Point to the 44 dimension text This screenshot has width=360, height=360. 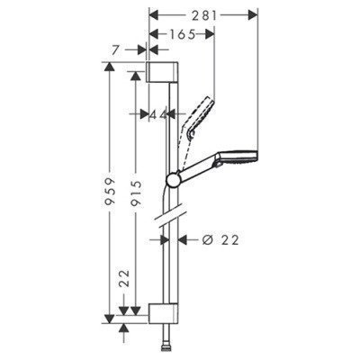[x=159, y=114]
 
